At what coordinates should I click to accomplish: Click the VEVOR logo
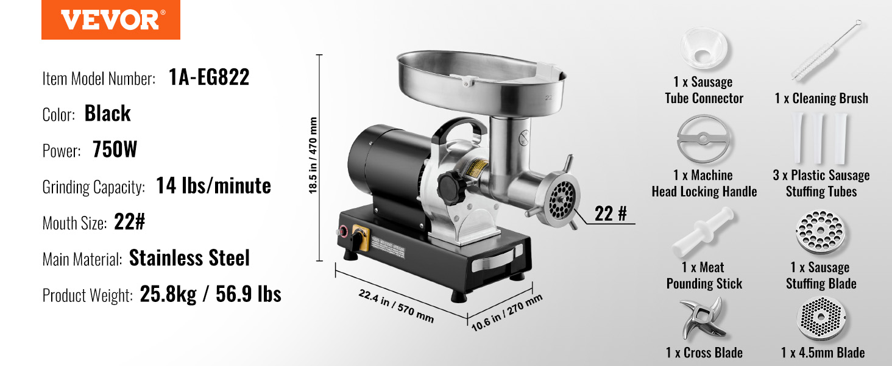111,20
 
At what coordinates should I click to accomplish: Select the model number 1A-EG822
209,77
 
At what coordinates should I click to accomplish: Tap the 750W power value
115,149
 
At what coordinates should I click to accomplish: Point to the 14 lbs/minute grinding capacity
213,186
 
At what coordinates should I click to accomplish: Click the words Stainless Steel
189,258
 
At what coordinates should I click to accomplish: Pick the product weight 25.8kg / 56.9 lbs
211,294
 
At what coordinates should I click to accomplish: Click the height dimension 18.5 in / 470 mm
313,156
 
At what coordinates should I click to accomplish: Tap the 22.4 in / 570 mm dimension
396,306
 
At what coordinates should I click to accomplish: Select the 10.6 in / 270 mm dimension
507,312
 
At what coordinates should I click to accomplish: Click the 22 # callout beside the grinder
611,213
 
